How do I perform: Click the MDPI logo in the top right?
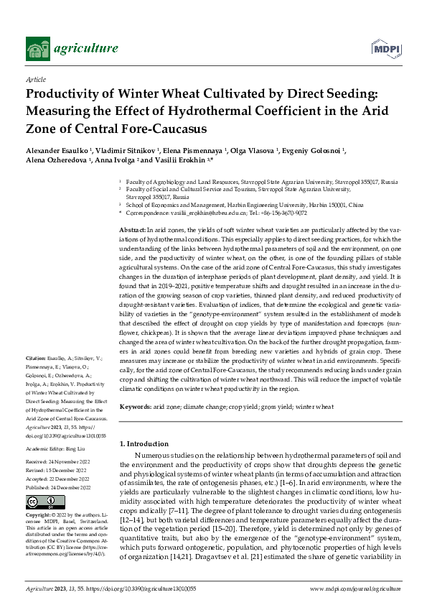click(386, 48)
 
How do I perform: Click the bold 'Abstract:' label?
click(132, 228)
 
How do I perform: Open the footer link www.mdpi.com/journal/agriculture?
click(355, 588)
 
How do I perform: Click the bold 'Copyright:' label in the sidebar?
click(39, 516)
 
